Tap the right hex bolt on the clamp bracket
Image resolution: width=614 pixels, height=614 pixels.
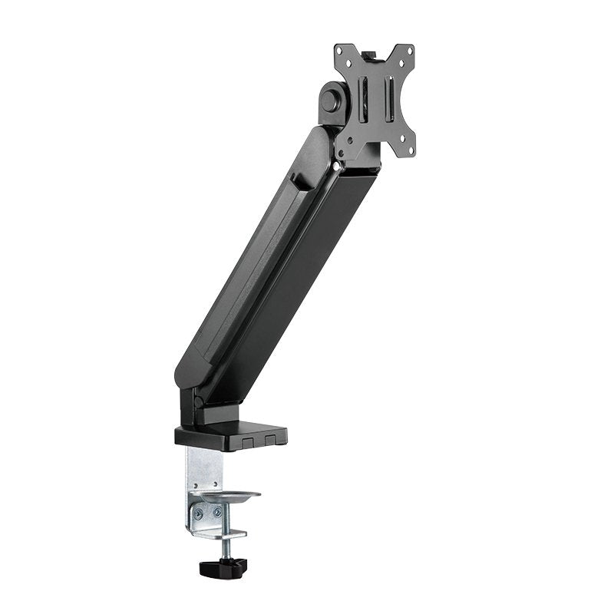(216, 512)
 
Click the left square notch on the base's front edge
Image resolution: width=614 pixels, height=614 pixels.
(247, 442)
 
